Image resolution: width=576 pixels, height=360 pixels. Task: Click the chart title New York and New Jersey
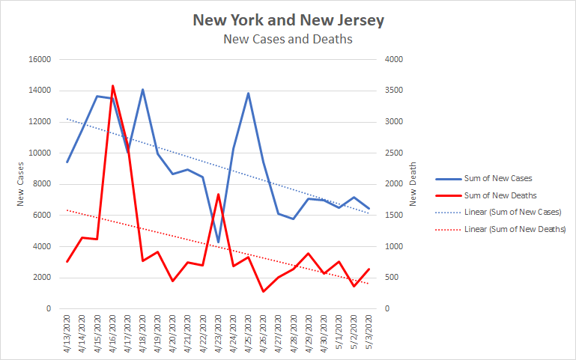pos(288,19)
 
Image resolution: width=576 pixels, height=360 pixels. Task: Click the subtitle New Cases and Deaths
pos(288,39)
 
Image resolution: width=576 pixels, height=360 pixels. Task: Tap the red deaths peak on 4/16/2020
pos(112,85)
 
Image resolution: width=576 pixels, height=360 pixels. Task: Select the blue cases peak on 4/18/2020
pos(142,90)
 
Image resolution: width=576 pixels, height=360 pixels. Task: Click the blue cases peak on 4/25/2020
pos(248,93)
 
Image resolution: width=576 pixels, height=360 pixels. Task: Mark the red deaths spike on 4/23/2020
pos(218,195)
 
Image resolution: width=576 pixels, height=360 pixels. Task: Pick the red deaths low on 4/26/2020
pos(263,291)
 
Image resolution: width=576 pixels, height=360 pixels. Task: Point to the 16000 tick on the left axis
pos(40,60)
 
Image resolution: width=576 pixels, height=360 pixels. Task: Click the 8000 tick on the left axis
pos(42,184)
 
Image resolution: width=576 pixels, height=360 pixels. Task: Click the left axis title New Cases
pos(21,184)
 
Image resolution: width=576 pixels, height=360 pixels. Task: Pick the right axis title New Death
pos(412,184)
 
